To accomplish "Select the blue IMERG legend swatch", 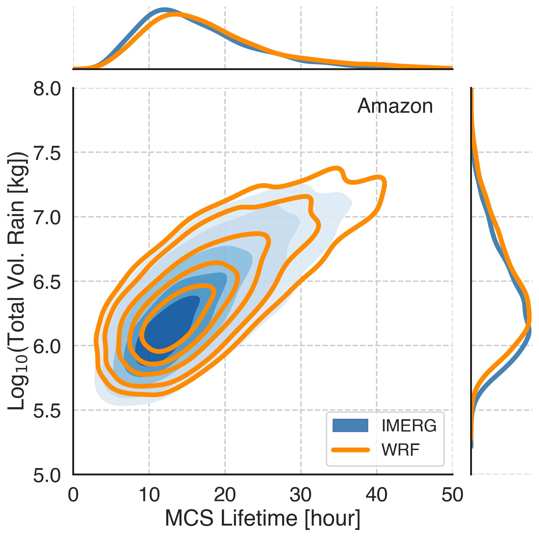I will (x=350, y=425).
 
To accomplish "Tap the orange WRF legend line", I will (x=350, y=450).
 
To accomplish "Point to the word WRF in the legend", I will (x=400, y=450).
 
